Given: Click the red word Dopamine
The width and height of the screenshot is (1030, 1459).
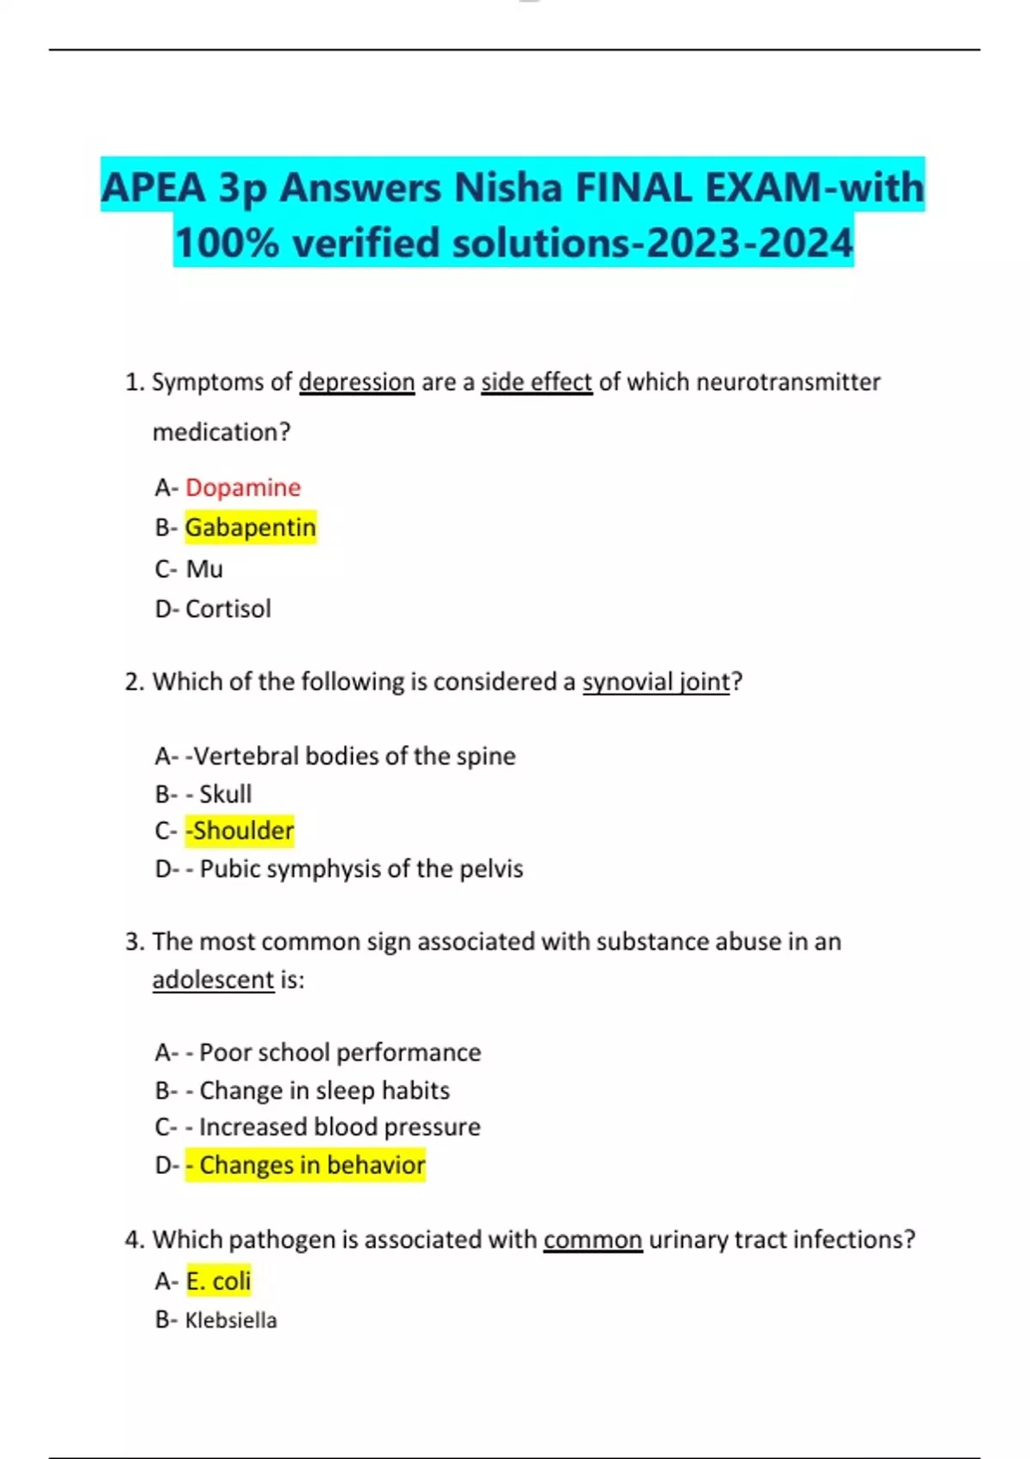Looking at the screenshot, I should point(243,487).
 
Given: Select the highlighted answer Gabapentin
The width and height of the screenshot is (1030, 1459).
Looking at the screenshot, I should point(251,527).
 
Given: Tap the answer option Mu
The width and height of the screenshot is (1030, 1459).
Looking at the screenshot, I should point(204,569).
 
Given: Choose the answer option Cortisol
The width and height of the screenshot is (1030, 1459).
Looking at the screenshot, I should point(228,608).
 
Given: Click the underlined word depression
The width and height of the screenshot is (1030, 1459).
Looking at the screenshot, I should point(356,382).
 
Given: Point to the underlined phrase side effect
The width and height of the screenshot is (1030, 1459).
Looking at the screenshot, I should point(536,382).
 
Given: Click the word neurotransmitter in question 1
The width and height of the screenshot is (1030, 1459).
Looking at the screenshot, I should point(788,382).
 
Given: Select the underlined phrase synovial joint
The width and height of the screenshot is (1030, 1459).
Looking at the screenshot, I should point(656,681).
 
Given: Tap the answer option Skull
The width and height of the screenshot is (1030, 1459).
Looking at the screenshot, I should point(226,794).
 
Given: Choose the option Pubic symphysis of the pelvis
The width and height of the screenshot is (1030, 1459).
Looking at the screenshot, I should point(361,869).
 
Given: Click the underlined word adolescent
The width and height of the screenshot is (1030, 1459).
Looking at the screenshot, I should point(213,979).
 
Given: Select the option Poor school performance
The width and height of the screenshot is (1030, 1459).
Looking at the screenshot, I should point(340,1052).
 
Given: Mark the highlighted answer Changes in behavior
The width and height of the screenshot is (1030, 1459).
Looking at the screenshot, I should point(312,1165).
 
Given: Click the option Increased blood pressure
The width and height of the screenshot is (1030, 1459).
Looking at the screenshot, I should point(340,1127).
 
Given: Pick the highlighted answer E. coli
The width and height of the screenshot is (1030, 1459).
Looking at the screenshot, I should point(218,1281).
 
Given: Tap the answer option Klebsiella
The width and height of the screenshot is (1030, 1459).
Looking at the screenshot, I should point(231,1320).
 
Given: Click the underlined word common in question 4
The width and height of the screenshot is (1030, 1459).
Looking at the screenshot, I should point(592,1239).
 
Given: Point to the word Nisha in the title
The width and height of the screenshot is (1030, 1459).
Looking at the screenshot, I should point(507,188).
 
